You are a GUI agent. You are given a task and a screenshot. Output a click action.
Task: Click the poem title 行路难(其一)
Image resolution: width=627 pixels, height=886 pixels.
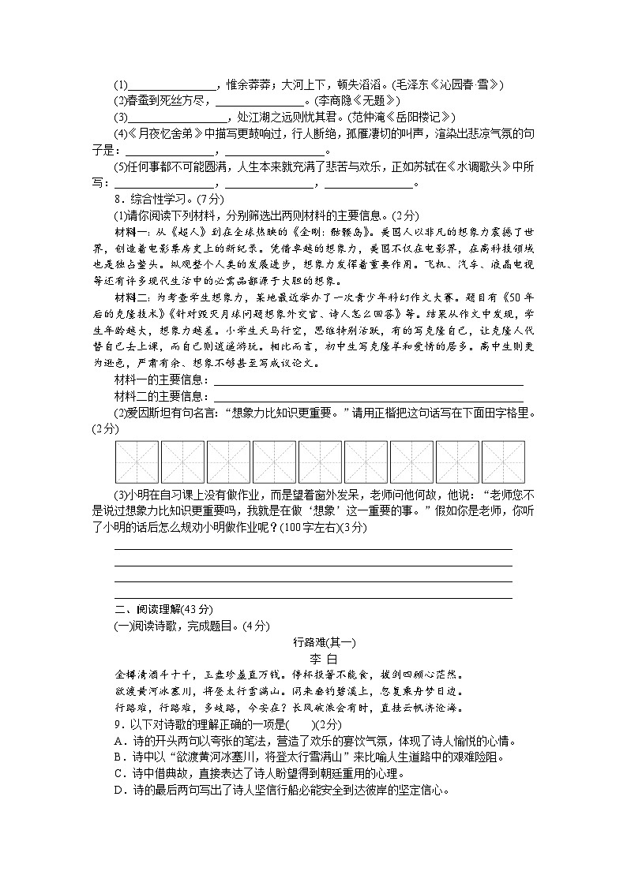point(313,641)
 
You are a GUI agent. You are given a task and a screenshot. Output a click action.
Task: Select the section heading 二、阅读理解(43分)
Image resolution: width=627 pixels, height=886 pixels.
point(163,609)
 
